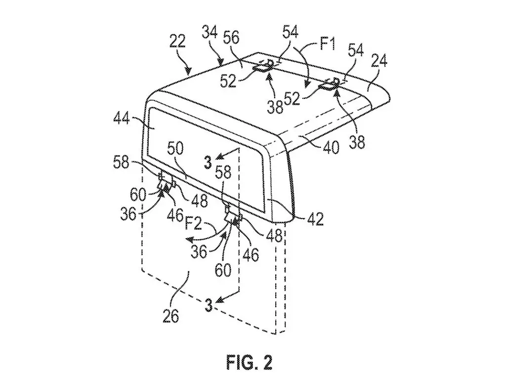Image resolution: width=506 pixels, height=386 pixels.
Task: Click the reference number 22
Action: pyautogui.click(x=177, y=42)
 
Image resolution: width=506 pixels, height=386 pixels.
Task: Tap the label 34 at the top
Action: pyautogui.click(x=210, y=33)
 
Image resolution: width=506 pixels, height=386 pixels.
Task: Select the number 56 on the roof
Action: pyautogui.click(x=231, y=38)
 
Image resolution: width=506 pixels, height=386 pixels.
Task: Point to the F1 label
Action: pyautogui.click(x=327, y=44)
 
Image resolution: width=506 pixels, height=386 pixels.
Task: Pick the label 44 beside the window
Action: pyautogui.click(x=122, y=119)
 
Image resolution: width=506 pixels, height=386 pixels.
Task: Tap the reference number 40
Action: pyautogui.click(x=331, y=147)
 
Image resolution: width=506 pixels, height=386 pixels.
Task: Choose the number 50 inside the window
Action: pyautogui.click(x=175, y=149)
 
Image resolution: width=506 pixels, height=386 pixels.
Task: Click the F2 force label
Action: pyautogui.click(x=193, y=223)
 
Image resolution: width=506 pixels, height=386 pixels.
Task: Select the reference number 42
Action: pyautogui.click(x=315, y=219)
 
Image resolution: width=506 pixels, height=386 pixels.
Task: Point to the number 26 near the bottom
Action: pyautogui.click(x=170, y=316)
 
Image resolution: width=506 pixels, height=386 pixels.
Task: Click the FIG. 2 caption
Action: pyautogui.click(x=249, y=362)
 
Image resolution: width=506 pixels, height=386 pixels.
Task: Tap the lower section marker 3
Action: pyautogui.click(x=209, y=305)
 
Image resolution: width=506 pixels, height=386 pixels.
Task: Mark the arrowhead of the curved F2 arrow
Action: pyautogui.click(x=190, y=240)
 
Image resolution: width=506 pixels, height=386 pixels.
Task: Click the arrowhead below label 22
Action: pyautogui.click(x=189, y=70)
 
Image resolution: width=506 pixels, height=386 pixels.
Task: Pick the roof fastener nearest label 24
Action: pyautogui.click(x=329, y=84)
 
